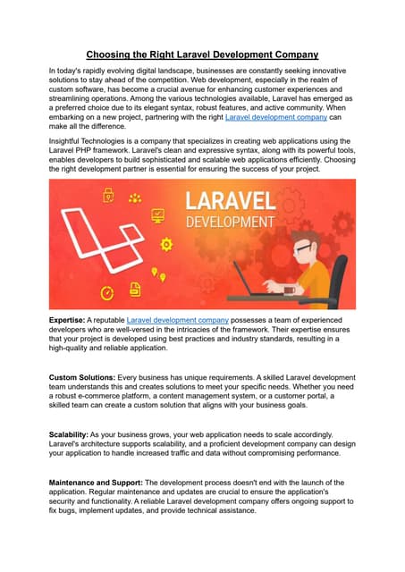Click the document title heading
[x=202, y=55]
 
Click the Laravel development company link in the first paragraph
[x=275, y=117]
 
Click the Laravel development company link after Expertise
[x=178, y=319]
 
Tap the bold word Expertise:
[x=67, y=319]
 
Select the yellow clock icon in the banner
[x=106, y=292]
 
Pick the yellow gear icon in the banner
[x=165, y=244]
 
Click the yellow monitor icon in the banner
[x=158, y=214]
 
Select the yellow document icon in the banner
[x=136, y=289]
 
